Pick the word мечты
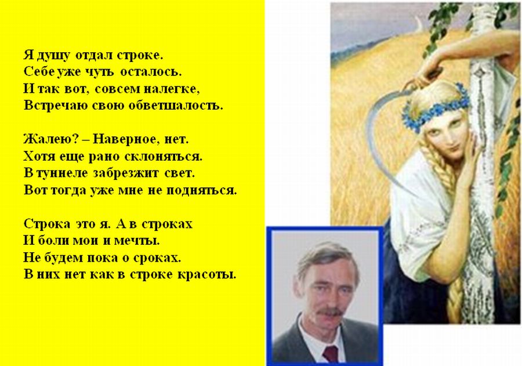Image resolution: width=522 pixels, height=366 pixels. pyautogui.click(x=137, y=241)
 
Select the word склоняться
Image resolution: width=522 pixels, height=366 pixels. pyautogui.click(x=163, y=156)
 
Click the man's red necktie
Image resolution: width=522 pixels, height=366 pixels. pyautogui.click(x=331, y=354)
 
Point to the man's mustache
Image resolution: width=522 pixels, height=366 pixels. pyautogui.click(x=329, y=313)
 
